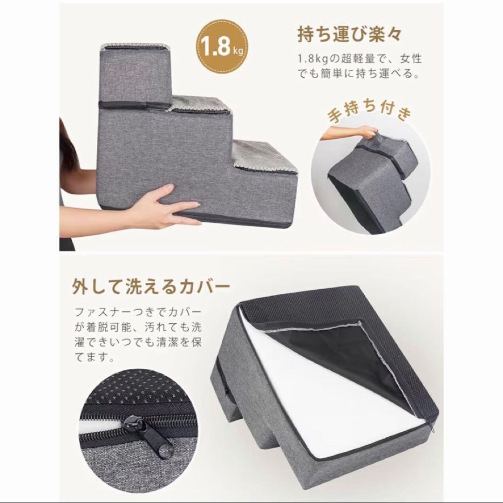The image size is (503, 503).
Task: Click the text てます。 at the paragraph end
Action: click(x=95, y=357)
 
